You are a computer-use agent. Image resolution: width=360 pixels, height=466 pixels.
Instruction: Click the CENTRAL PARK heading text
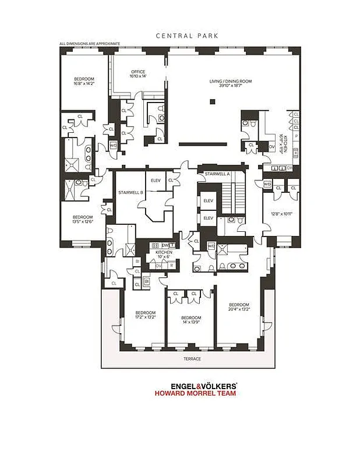(187, 36)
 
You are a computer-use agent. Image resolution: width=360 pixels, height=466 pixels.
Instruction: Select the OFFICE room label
(138, 72)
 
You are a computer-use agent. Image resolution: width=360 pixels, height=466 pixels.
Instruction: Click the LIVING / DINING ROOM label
(231, 81)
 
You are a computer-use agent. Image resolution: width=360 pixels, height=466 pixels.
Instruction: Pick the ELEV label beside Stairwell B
(156, 180)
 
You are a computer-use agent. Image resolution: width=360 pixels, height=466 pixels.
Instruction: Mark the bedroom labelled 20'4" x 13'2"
(239, 307)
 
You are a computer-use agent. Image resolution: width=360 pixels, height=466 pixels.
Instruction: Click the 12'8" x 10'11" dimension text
(281, 213)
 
